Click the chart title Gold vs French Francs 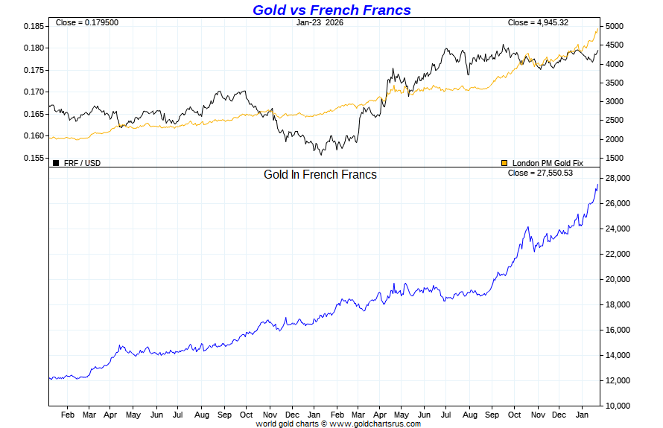pyautogui.click(x=331, y=10)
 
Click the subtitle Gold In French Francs pyautogui.click(x=320, y=175)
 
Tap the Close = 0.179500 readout pyautogui.click(x=87, y=22)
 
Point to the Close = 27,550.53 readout pyautogui.click(x=540, y=173)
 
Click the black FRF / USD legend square pyautogui.click(x=56, y=162)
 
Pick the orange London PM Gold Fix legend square pyautogui.click(x=504, y=162)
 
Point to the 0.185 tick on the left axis pyautogui.click(x=34, y=26)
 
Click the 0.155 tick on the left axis pyautogui.click(x=34, y=158)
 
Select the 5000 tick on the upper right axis pyautogui.click(x=615, y=26)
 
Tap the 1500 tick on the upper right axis pyautogui.click(x=615, y=158)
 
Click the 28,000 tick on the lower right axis pyautogui.click(x=618, y=179)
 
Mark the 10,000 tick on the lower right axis pyautogui.click(x=618, y=406)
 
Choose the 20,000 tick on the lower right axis pyautogui.click(x=618, y=279)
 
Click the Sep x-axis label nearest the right pyautogui.click(x=492, y=415)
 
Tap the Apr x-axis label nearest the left pyautogui.click(x=111, y=415)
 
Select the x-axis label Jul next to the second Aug pyautogui.click(x=446, y=415)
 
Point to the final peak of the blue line pyautogui.click(x=597, y=184)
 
